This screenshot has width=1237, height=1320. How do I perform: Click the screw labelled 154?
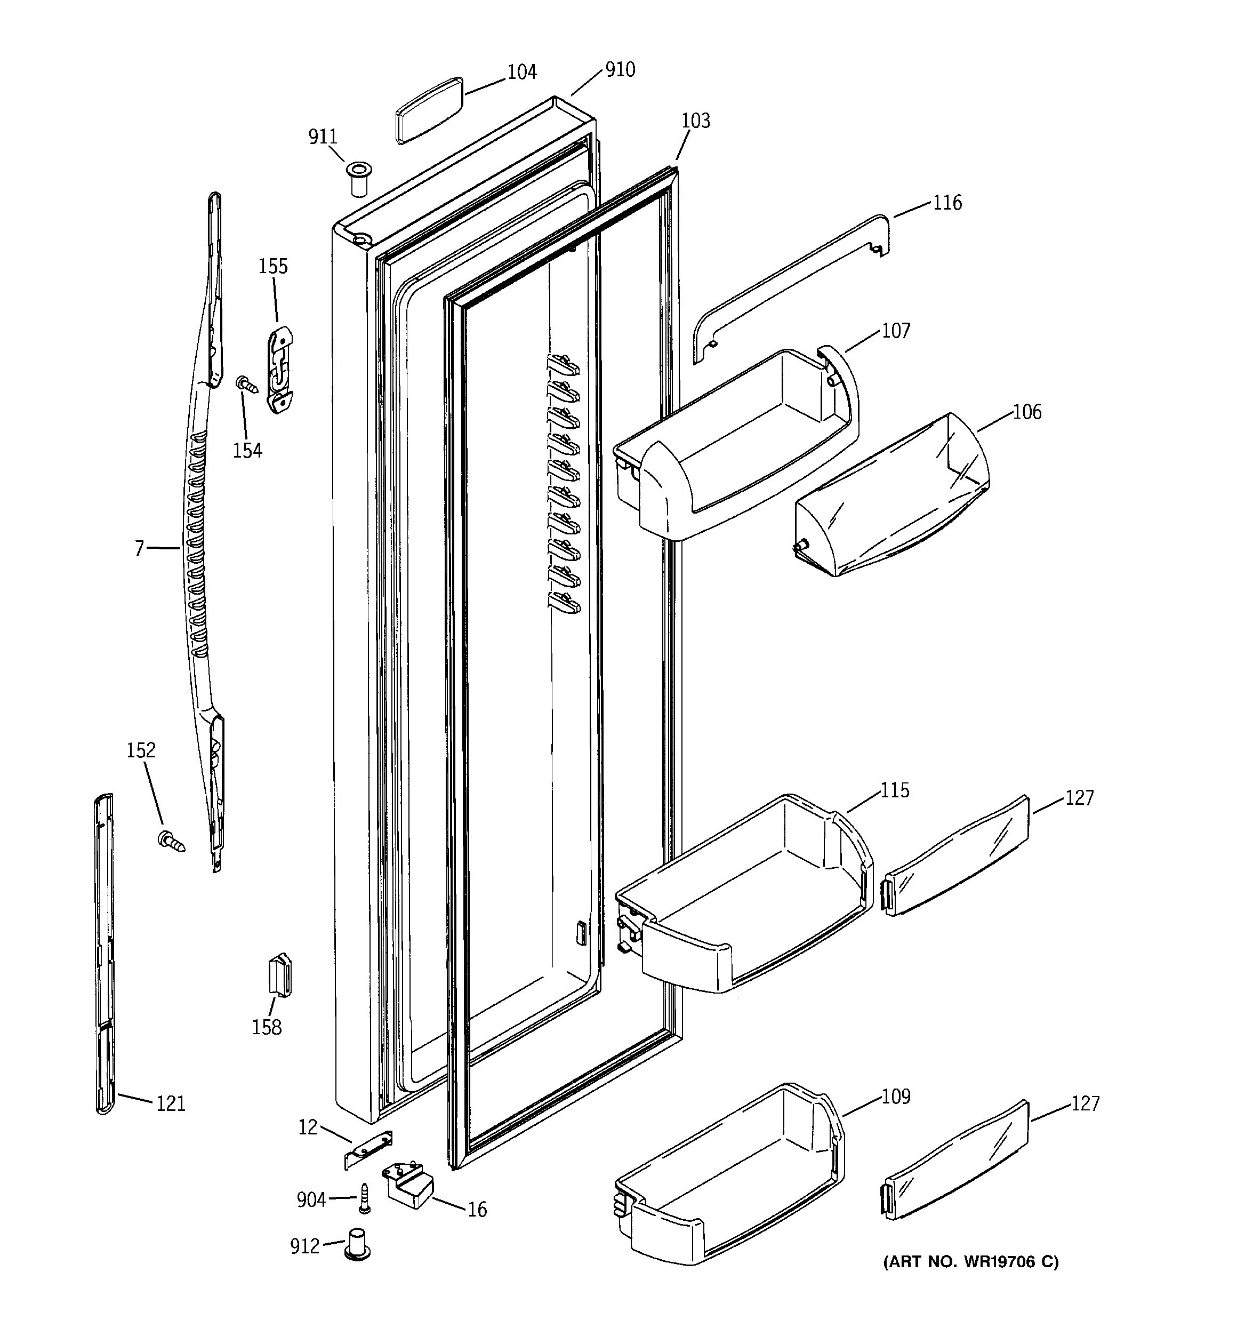pyautogui.click(x=246, y=384)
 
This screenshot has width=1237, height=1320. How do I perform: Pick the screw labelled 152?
pyautogui.click(x=171, y=841)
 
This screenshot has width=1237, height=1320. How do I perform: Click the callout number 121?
pyautogui.click(x=171, y=1104)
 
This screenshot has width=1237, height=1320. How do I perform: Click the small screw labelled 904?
pyautogui.click(x=364, y=1198)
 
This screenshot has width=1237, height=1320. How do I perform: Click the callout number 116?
pyautogui.click(x=947, y=203)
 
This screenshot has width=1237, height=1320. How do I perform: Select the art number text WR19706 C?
pyautogui.click(x=971, y=1261)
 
